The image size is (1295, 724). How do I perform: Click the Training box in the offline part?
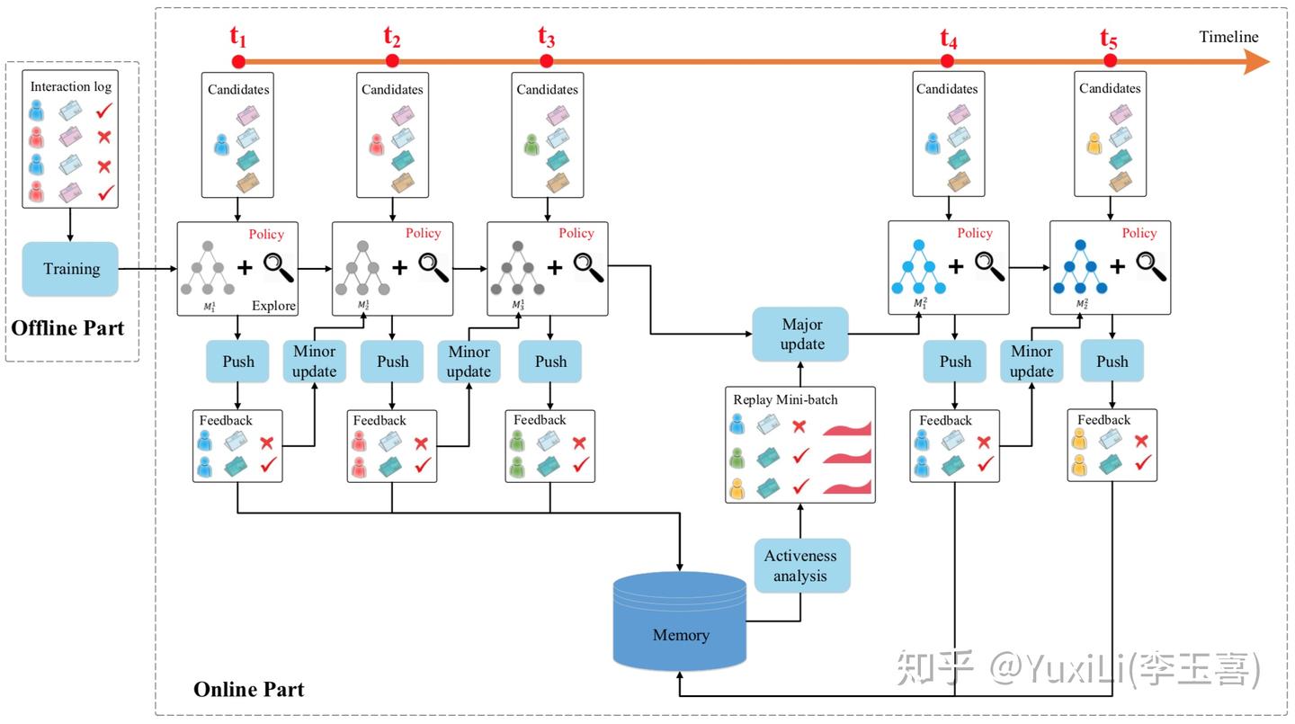[x=70, y=269]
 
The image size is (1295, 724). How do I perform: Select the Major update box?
[x=802, y=335]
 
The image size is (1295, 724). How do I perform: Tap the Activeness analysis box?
[x=800, y=566]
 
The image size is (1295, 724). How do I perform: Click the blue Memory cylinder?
[x=681, y=634]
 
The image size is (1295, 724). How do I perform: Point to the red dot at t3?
[x=546, y=61]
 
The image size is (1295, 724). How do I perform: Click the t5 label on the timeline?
[x=1109, y=39]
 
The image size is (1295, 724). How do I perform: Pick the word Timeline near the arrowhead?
[x=1228, y=37]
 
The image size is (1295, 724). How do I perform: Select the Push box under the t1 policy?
[x=237, y=362]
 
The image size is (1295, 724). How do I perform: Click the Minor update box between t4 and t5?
[x=1031, y=361]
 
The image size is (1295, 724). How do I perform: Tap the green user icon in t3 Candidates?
[x=531, y=144]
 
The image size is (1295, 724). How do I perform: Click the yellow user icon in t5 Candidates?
[x=1094, y=144]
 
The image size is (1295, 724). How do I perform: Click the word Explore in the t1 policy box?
[x=273, y=306]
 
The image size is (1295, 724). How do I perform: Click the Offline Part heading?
[x=68, y=328]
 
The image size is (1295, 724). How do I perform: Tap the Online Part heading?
[x=248, y=690]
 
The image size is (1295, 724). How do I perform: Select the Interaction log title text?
[x=71, y=86]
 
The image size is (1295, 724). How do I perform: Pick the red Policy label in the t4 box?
[x=975, y=233]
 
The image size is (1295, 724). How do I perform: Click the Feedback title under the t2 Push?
[x=380, y=420]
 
